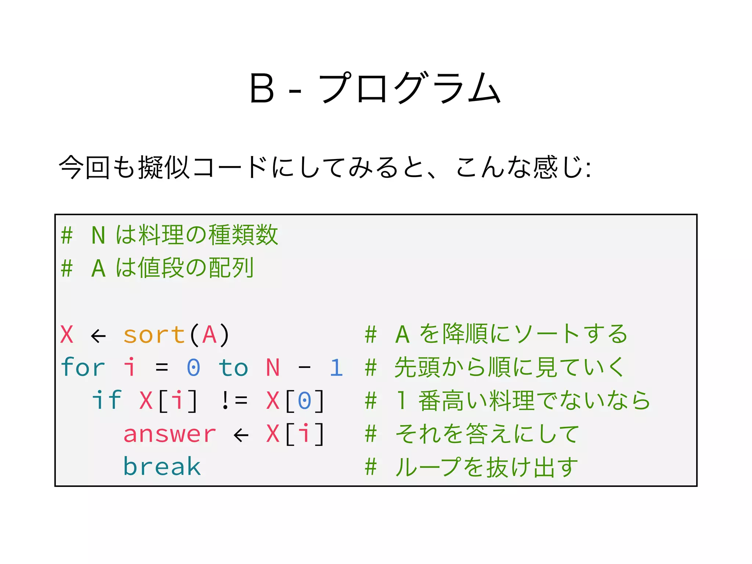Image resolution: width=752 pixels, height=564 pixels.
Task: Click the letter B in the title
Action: [x=262, y=88]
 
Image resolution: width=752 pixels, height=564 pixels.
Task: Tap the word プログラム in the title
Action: [x=409, y=88]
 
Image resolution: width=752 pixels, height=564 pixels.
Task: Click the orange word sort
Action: [x=154, y=335]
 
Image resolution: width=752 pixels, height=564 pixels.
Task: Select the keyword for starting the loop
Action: [x=83, y=367]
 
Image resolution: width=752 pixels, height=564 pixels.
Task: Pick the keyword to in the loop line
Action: [x=233, y=368]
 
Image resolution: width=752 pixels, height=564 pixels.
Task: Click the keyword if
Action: [x=106, y=400]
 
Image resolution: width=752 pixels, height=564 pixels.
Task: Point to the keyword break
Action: [x=162, y=467]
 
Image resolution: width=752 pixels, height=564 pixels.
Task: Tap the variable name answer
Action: [x=170, y=434]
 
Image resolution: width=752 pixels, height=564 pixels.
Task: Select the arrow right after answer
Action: [x=241, y=435]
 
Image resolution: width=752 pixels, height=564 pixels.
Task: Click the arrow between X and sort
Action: [x=98, y=336]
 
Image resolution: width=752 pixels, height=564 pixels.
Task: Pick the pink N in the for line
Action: [x=273, y=368]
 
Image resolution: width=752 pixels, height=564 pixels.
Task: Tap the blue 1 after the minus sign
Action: [x=336, y=368]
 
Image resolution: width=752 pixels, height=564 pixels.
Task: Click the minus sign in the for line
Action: [x=304, y=368]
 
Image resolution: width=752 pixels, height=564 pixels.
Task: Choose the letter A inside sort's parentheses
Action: [x=209, y=335]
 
